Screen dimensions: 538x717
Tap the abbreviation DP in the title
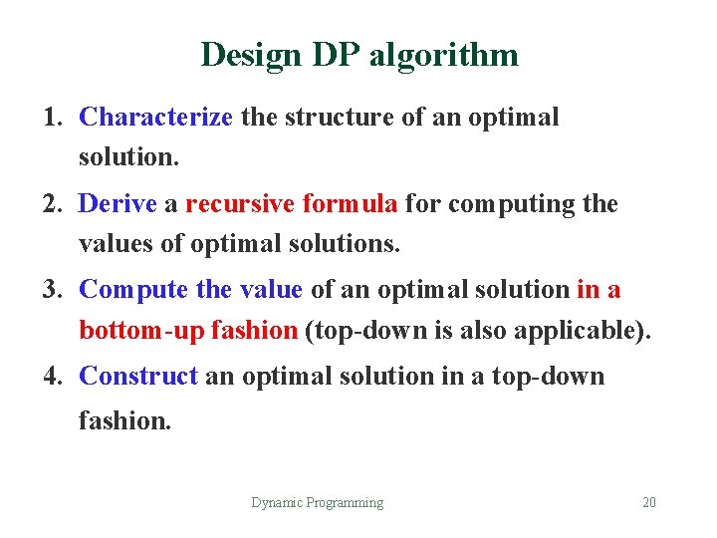[329, 54]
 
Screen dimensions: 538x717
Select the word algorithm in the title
[443, 55]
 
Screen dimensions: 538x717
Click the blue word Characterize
[155, 118]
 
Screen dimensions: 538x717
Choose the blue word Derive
[118, 204]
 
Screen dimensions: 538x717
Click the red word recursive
[240, 204]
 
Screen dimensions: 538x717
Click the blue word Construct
[139, 376]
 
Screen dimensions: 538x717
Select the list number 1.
[52, 118]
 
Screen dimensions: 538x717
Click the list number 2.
[52, 204]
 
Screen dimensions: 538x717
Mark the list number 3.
[52, 290]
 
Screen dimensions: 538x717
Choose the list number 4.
[52, 376]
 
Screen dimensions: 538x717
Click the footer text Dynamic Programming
[317, 503]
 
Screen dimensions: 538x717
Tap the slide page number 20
[649, 503]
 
